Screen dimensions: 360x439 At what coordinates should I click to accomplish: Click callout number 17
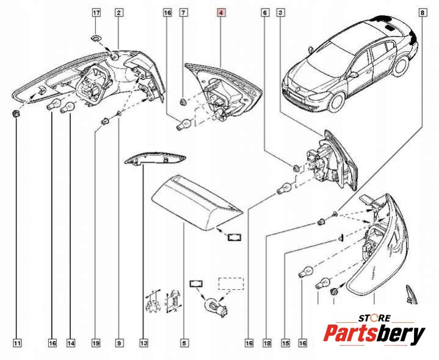96,12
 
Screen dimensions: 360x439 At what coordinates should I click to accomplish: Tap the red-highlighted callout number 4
221,12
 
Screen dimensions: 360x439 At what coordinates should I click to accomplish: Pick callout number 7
183,12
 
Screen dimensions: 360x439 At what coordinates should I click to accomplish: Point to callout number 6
265,12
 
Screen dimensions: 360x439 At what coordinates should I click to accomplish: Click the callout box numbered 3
280,12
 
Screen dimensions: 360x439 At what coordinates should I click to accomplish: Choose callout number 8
423,12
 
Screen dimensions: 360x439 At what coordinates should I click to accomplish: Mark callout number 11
17,343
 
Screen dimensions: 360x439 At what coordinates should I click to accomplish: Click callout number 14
71,343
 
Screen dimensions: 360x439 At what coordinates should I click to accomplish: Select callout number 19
96,343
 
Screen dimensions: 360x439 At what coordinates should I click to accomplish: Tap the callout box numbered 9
120,343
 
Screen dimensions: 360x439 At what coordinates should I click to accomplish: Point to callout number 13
144,343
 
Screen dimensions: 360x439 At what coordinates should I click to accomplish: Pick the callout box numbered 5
184,343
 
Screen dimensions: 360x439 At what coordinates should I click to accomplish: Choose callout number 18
267,343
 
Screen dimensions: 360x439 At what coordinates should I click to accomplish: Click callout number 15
285,343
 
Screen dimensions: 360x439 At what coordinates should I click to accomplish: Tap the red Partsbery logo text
374,335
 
